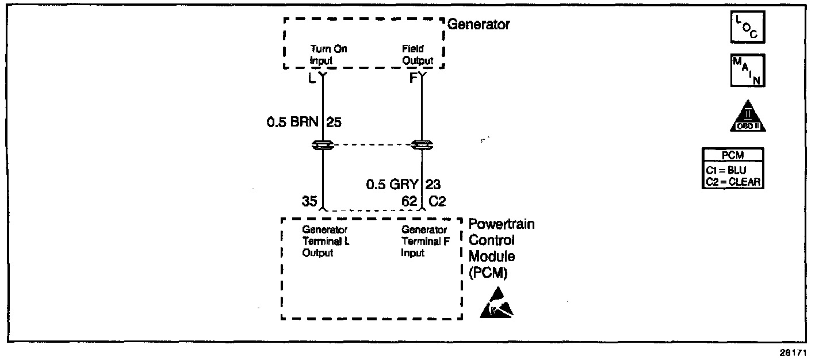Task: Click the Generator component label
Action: pyautogui.click(x=479, y=25)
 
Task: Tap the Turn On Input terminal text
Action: pyautogui.click(x=328, y=55)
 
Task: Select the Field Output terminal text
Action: pyautogui.click(x=418, y=55)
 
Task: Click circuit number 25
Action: pyautogui.click(x=334, y=122)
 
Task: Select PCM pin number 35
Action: pyautogui.click(x=309, y=201)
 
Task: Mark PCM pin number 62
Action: pyautogui.click(x=409, y=201)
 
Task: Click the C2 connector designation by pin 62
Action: pyautogui.click(x=437, y=201)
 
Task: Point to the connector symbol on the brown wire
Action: pyautogui.click(x=322, y=144)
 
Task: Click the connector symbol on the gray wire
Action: pyautogui.click(x=423, y=144)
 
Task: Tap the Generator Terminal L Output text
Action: pyautogui.click(x=326, y=242)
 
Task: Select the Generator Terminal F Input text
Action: pyautogui.click(x=425, y=242)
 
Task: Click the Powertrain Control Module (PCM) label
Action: pyautogui.click(x=502, y=248)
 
